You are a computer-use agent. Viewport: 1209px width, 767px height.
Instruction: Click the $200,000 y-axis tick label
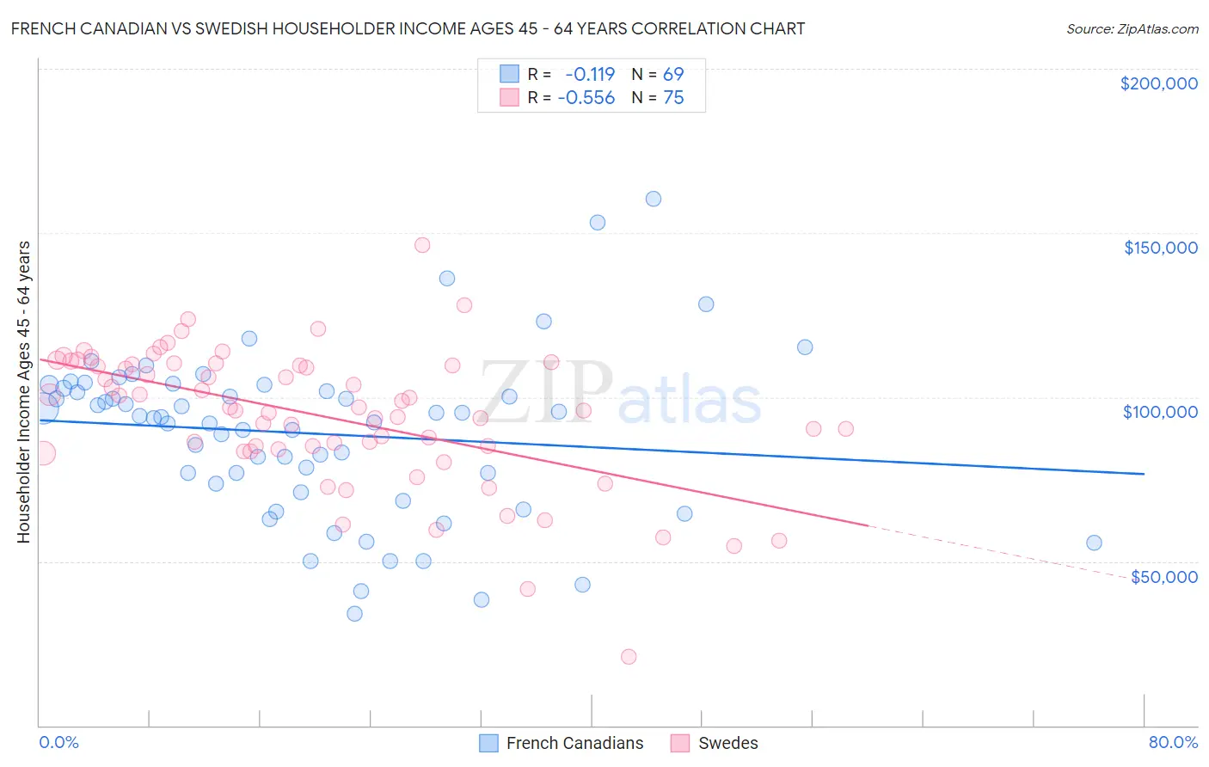point(1158,83)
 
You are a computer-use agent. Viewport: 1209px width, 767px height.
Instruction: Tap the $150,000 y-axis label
point(1160,248)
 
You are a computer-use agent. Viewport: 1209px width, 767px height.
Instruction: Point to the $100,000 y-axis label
point(1160,412)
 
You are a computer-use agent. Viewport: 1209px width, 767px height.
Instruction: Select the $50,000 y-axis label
point(1163,577)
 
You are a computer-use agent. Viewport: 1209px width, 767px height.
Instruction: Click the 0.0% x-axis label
point(58,742)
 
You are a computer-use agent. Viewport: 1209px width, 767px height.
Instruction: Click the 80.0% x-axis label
point(1173,742)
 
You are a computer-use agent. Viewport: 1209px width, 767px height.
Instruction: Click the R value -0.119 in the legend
point(590,74)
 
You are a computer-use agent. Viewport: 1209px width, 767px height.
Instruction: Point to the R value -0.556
point(586,98)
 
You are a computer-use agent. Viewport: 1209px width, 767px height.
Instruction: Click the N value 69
point(673,74)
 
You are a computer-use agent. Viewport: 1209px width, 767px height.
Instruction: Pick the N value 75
point(673,98)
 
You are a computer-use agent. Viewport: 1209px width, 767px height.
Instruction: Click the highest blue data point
point(654,199)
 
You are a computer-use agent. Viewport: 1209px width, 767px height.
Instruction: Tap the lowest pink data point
point(629,657)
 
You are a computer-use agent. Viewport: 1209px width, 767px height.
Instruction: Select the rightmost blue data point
point(1094,543)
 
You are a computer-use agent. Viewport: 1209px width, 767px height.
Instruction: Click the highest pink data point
point(422,245)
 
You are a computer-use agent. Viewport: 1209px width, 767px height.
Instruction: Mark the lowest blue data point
point(354,614)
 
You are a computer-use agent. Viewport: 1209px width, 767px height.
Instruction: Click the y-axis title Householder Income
point(23,392)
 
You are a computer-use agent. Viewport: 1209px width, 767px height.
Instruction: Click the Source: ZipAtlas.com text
point(1132,29)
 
